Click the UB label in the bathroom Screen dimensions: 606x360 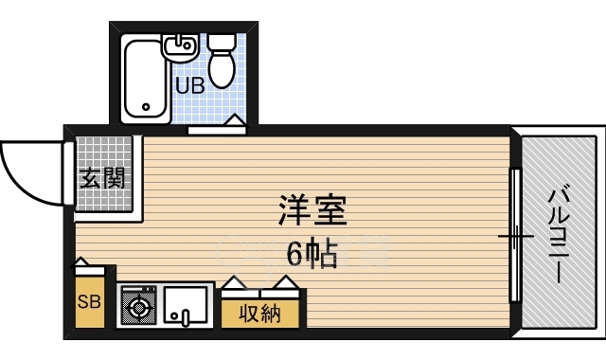coord(189,86)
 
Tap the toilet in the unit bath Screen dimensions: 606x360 coord(222,61)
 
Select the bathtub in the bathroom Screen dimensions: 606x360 coord(146,79)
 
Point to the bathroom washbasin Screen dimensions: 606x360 coord(181,47)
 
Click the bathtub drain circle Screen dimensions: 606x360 coord(146,107)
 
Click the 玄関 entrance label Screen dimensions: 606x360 coord(103,178)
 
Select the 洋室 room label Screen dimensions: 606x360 coord(312,210)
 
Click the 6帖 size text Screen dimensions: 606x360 coord(312,255)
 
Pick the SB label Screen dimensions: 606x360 coord(89,301)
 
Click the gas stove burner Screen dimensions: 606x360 coord(139,308)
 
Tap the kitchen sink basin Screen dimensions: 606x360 coord(185,305)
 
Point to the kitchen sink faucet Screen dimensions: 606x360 coord(185,317)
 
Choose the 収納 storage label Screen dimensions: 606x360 coord(259,314)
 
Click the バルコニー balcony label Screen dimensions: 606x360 coord(559,236)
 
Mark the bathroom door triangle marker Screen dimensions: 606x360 coord(235,120)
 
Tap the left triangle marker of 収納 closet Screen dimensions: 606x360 coord(233,282)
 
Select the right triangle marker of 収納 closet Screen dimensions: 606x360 coord(286,282)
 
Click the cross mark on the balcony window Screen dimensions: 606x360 coord(515,236)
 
